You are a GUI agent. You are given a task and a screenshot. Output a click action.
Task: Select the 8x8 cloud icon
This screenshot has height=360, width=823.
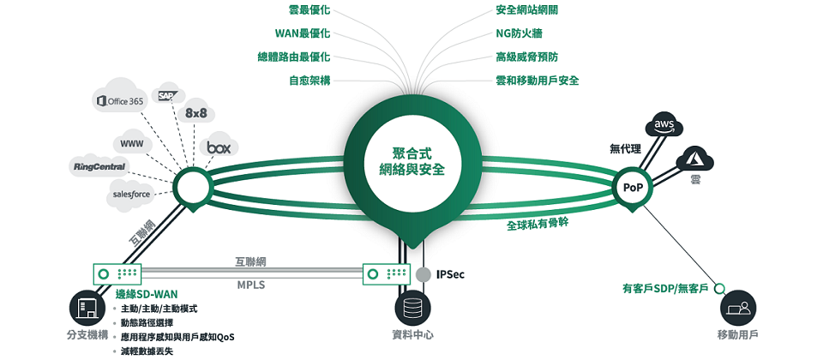[195, 113]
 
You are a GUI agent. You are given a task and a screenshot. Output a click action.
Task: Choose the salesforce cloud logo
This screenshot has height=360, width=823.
[131, 195]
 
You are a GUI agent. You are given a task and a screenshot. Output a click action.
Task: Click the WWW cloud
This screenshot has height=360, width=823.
[131, 142]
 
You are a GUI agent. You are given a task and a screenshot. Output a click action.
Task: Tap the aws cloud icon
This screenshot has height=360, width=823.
[665, 125]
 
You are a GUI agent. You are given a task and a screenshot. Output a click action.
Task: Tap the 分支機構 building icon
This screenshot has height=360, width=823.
[86, 307]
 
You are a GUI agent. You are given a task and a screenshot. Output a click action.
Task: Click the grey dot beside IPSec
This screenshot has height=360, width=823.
[424, 274]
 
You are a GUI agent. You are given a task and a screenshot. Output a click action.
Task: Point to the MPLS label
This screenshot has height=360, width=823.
[250, 285]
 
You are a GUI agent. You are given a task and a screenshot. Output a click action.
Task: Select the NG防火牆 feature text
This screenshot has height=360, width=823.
[519, 33]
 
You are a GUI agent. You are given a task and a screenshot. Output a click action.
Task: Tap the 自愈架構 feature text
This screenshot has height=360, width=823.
[309, 80]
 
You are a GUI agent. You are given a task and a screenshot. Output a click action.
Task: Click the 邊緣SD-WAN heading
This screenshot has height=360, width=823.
[147, 294]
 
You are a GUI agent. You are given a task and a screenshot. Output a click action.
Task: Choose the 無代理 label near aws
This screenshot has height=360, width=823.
[625, 148]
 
